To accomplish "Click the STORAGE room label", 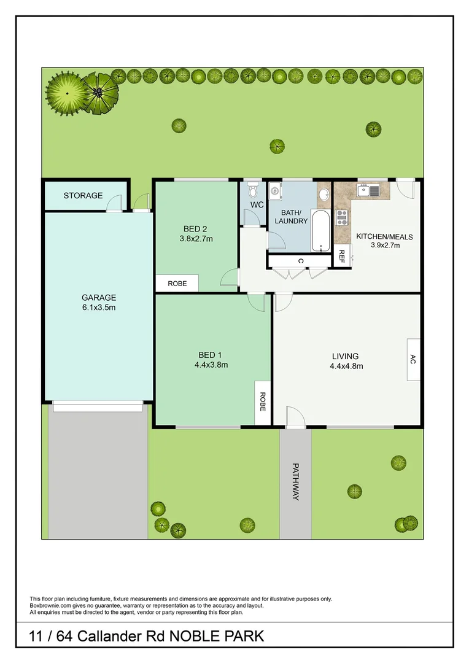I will pyautogui.click(x=83, y=196).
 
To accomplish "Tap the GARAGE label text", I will pyautogui.click(x=99, y=298).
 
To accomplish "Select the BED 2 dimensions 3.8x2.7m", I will pyautogui.click(x=196, y=239).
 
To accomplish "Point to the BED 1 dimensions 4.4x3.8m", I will pyautogui.click(x=207, y=365).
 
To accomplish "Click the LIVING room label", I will pyautogui.click(x=345, y=356).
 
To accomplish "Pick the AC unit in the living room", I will pyautogui.click(x=413, y=360).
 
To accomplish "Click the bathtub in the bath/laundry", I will pyautogui.click(x=320, y=231).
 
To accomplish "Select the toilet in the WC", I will pyautogui.click(x=252, y=188).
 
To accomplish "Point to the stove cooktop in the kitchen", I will pyautogui.click(x=341, y=218).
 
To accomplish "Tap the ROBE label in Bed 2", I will pyautogui.click(x=177, y=284).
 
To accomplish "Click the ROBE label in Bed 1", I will pyautogui.click(x=263, y=401).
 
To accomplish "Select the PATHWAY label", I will pyautogui.click(x=295, y=481).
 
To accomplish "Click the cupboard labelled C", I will pyautogui.click(x=300, y=261).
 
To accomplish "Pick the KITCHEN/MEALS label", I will pyautogui.click(x=384, y=237).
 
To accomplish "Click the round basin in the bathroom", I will pyautogui.click(x=324, y=196).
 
